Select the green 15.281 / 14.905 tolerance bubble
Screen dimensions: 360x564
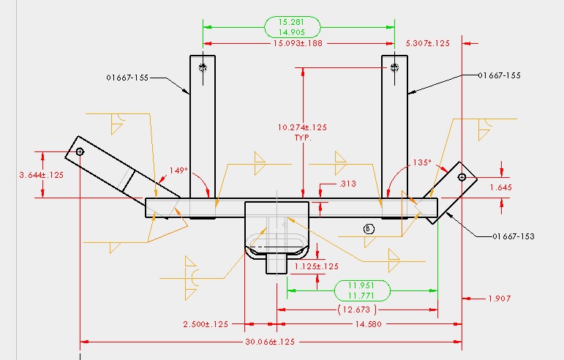[x=292, y=27]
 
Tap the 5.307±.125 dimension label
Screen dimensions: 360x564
[x=427, y=43]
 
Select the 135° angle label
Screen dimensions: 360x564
[x=421, y=162]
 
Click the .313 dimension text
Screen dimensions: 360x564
[x=328, y=184]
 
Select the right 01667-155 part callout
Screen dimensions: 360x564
[x=499, y=75]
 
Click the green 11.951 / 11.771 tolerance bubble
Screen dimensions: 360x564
[x=361, y=290]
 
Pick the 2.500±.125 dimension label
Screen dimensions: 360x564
[x=206, y=324]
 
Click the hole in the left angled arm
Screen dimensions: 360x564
[x=80, y=152]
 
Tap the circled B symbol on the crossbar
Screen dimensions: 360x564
[x=369, y=228]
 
